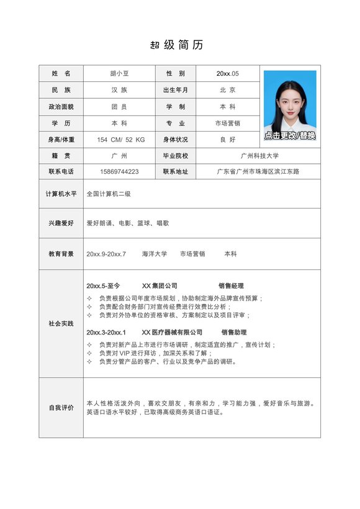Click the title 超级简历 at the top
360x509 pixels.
coord(177,45)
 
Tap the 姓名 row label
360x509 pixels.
coord(61,74)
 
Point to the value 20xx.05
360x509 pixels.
coord(227,74)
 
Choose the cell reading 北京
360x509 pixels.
coord(227,90)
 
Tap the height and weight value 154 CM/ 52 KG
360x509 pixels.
coord(120,140)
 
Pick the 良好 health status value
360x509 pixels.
coord(227,140)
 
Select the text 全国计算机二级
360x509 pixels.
coord(109,194)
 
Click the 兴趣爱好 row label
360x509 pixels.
coord(61,223)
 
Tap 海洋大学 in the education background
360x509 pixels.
coord(155,254)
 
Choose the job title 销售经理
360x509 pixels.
coord(231,286)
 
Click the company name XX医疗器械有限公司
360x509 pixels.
coord(172,332)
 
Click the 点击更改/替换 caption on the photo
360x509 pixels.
coord(290,135)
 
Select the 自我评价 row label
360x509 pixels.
coord(61,408)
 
